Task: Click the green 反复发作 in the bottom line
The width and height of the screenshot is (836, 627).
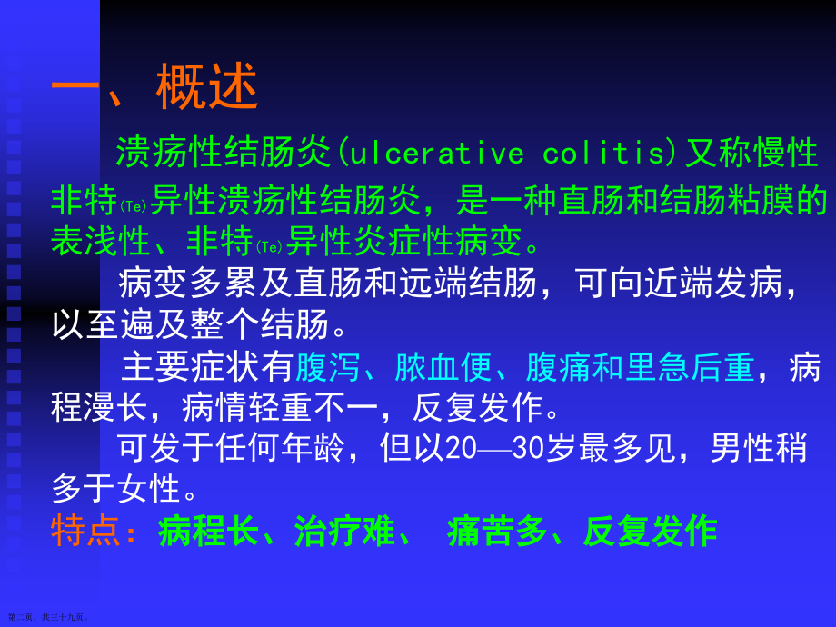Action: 650,532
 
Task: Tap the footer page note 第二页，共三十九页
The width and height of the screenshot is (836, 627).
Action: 49,616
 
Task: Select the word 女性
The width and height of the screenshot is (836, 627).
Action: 153,489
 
